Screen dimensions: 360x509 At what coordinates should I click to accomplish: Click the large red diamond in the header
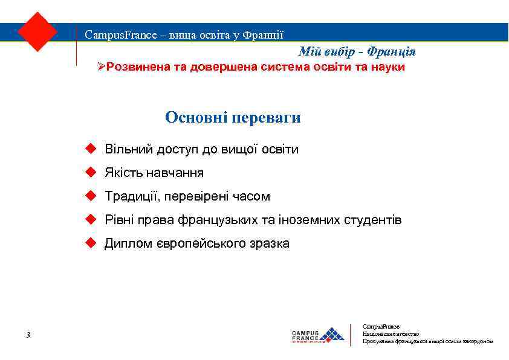pos(37,31)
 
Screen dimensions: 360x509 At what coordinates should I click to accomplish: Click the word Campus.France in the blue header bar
pos(111,34)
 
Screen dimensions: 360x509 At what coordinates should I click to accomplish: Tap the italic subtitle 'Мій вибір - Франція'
pos(357,52)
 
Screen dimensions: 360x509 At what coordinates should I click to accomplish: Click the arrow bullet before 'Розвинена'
pos(102,67)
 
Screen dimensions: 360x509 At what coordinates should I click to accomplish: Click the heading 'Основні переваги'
pos(233,117)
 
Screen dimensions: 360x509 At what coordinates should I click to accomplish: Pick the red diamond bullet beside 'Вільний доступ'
pos(90,149)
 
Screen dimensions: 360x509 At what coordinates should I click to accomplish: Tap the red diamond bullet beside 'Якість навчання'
pos(90,173)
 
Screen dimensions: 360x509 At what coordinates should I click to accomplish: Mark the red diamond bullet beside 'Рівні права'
pos(90,220)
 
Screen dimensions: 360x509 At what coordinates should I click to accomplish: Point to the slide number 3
pos(28,335)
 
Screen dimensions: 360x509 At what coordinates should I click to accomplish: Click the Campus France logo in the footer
pos(318,335)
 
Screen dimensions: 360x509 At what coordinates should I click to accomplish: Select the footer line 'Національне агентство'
pos(391,333)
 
